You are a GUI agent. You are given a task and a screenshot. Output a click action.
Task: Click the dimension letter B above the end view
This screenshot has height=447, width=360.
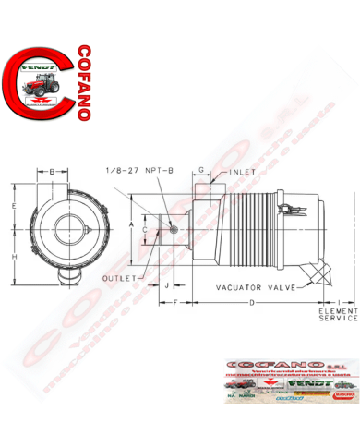click(53, 172)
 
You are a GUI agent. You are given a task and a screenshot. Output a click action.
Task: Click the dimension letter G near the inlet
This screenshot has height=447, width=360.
click(201, 171)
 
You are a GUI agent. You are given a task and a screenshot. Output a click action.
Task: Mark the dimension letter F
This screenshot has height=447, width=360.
click(175, 303)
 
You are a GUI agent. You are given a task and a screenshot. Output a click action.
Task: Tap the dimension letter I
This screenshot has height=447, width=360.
click(341, 303)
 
